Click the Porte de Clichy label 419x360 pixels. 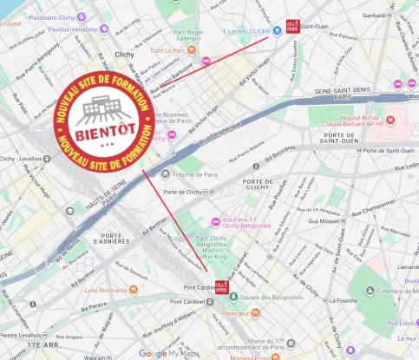[x=183, y=192]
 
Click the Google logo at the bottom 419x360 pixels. [x=153, y=353]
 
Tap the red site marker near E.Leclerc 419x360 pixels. [x=292, y=26]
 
